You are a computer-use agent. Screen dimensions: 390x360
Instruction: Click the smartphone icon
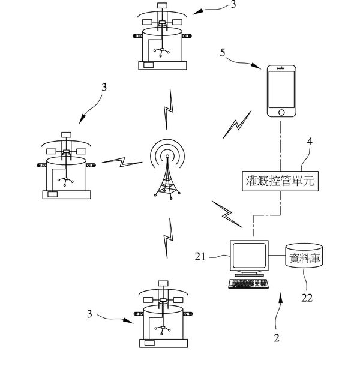point(281,91)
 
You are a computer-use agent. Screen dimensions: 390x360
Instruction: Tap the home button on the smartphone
point(281,112)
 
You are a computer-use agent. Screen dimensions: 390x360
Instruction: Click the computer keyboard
point(247,284)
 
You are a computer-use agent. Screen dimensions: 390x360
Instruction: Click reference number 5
point(223,53)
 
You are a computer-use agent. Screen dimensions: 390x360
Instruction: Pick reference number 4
point(310,142)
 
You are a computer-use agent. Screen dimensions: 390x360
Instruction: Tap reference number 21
point(200,256)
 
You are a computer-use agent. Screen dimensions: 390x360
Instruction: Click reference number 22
point(307,298)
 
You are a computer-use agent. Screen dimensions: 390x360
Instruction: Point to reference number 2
point(277,338)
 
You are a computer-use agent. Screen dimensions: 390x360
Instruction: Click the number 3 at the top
point(233,5)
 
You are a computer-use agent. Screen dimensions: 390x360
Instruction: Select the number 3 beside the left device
point(104,87)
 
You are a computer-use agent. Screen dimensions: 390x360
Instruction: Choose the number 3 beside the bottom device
point(90,314)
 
